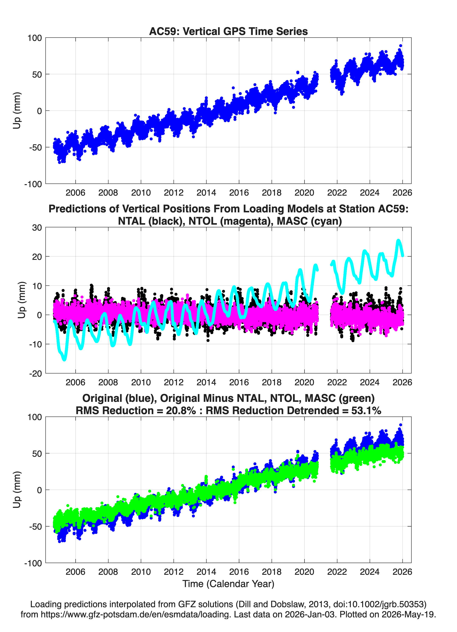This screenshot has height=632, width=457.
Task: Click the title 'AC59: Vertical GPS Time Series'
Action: pyautogui.click(x=228, y=31)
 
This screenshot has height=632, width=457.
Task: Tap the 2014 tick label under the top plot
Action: pyautogui.click(x=206, y=193)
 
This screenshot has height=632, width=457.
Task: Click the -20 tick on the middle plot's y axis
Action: pyautogui.click(x=35, y=373)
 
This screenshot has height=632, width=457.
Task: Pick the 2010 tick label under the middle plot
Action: pyautogui.click(x=141, y=382)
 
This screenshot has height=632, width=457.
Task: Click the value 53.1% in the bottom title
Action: pyautogui.click(x=366, y=411)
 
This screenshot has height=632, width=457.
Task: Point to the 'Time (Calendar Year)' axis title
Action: pyautogui.click(x=228, y=584)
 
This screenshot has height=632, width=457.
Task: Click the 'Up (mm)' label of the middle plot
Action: pyautogui.click(x=21, y=300)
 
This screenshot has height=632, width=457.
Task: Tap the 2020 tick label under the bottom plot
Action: pyautogui.click(x=304, y=572)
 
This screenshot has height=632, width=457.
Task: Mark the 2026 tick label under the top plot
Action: pyautogui.click(x=402, y=193)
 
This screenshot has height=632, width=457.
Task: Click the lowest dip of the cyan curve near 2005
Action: pyautogui.click(x=64, y=360)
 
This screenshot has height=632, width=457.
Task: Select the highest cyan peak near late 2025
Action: pyautogui.click(x=398, y=240)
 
